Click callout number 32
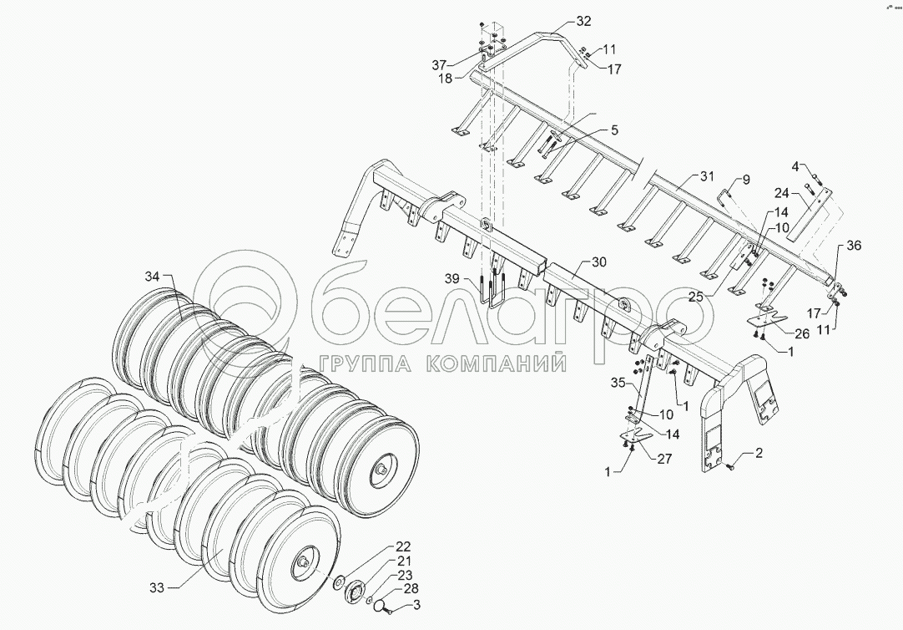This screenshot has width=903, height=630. click(583, 21)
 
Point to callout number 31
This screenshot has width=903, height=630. click(707, 176)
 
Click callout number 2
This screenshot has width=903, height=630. click(759, 454)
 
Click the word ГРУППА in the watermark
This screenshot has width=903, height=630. click(362, 364)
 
